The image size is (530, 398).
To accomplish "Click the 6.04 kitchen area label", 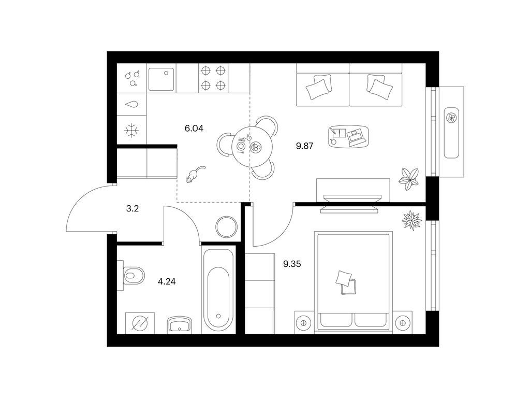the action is click(x=194, y=129).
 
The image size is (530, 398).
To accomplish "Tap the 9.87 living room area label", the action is click(x=304, y=146).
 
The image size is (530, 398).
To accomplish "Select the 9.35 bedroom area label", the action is click(x=292, y=264).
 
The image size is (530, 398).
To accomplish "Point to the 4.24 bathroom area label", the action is click(x=167, y=281).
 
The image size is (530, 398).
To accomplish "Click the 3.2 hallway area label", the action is click(x=132, y=208).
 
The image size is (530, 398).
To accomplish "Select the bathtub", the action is click(x=218, y=290).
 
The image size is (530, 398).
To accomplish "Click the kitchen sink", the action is click(x=161, y=79).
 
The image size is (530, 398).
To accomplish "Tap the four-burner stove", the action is click(x=213, y=78).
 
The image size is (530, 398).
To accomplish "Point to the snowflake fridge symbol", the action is click(x=131, y=130).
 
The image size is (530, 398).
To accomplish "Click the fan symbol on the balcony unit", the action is click(x=451, y=118).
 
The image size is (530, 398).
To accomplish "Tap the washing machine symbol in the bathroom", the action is click(x=140, y=323).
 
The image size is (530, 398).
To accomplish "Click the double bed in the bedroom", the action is click(x=354, y=280).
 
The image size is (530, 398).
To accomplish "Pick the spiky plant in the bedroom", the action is click(x=411, y=221).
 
